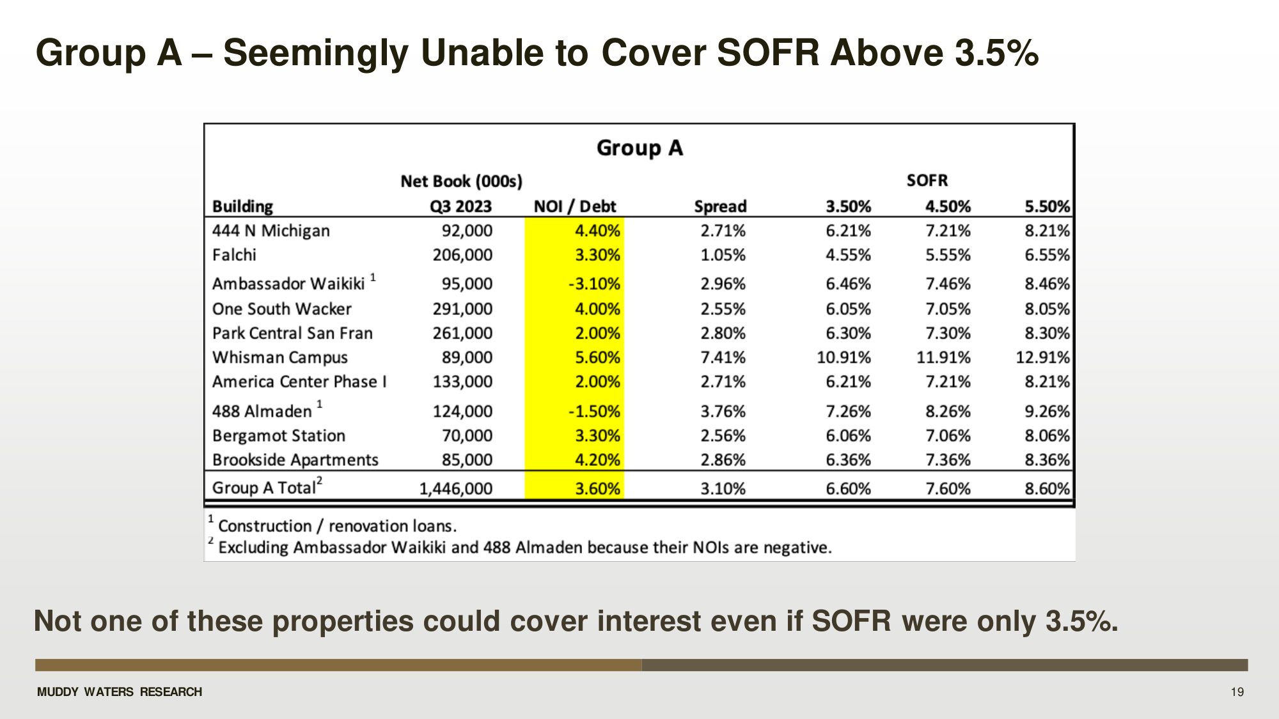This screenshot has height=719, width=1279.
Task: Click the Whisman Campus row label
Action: click(280, 357)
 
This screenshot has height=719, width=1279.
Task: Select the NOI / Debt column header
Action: click(574, 206)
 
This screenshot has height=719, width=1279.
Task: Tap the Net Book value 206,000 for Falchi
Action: click(462, 255)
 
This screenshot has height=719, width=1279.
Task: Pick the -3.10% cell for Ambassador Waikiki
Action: click(594, 284)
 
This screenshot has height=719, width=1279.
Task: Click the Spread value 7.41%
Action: click(723, 357)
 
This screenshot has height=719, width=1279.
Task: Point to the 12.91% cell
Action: click(1042, 357)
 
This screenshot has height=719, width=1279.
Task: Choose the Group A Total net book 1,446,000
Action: click(455, 489)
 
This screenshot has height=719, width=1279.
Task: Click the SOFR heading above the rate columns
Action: click(927, 181)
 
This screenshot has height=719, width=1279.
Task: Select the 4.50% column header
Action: click(948, 206)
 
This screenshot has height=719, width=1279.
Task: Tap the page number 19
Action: click(1237, 692)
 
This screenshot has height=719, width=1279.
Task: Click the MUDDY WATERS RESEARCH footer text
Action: click(120, 692)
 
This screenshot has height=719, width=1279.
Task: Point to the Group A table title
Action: click(639, 148)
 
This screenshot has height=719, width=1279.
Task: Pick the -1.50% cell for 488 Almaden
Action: click(594, 412)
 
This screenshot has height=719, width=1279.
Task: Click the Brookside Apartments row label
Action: click(295, 460)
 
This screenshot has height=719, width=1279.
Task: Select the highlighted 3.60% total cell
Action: click(597, 489)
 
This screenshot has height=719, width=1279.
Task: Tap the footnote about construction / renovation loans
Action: click(337, 526)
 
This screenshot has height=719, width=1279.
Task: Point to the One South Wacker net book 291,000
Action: click(462, 309)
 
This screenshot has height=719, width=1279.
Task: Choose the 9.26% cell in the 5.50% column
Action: click(1047, 412)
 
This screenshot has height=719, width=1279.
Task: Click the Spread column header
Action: click(720, 206)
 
